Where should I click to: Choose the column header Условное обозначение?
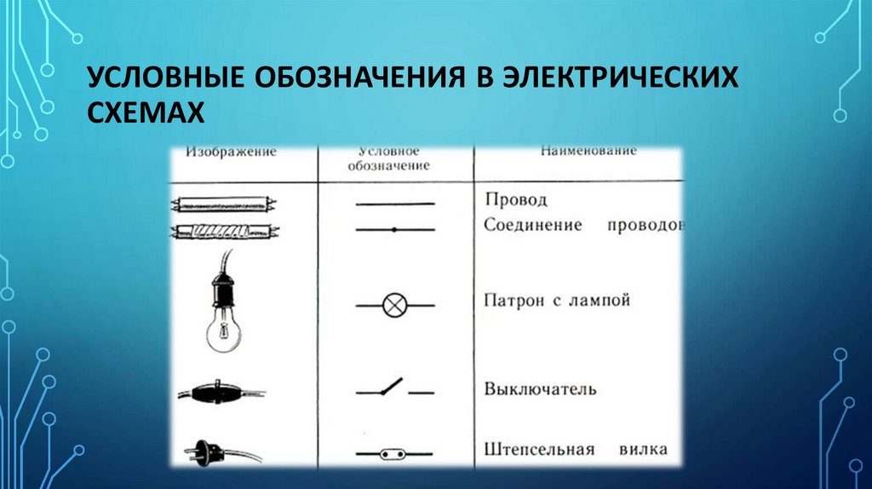[x=387, y=158]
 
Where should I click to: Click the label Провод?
[x=515, y=200]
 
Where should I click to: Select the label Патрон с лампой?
[x=557, y=302]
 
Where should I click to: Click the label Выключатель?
[x=540, y=389]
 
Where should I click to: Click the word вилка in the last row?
[x=643, y=449]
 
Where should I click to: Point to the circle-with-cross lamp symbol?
[x=394, y=305]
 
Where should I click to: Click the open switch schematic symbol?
[x=393, y=388]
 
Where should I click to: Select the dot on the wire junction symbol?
[x=393, y=230]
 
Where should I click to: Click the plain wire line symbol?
[x=394, y=204]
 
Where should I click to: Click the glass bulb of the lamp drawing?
[x=221, y=334]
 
